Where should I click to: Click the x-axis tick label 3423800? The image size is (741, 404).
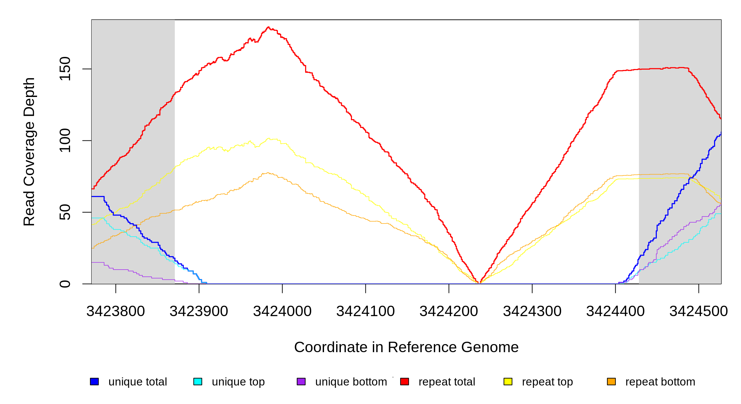(116, 311)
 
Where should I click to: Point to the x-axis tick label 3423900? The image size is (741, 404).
(199, 311)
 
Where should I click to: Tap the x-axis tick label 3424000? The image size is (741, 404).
(282, 311)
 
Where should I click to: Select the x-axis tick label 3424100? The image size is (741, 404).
(365, 311)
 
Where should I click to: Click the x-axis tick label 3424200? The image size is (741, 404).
(449, 311)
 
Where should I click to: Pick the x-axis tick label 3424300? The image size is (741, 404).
(532, 311)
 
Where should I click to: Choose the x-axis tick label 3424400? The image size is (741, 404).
(615, 311)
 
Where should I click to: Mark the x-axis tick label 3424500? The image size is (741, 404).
(699, 311)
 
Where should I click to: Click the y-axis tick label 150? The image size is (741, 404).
(65, 69)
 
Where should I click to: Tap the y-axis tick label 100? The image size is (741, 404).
(65, 140)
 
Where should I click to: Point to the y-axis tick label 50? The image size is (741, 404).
(65, 212)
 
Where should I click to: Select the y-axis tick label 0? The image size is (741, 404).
(65, 284)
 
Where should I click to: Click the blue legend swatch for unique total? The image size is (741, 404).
(94, 381)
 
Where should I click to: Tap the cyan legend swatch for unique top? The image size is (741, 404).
(198, 381)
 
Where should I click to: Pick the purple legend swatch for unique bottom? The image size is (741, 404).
(301, 381)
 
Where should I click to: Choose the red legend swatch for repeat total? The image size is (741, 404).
(405, 381)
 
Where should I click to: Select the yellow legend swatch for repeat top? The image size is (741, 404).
(508, 381)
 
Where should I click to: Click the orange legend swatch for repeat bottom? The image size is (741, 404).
(611, 381)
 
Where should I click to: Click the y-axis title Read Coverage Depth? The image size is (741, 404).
(29, 151)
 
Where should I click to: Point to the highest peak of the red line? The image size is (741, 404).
(268, 27)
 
